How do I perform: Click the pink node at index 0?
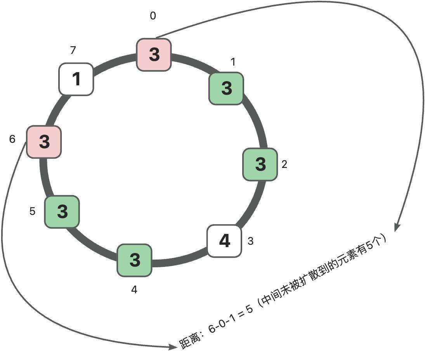coord(154,54)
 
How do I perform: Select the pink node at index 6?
coord(44,142)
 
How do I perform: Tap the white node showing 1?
coord(76,79)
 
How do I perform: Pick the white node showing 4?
coord(224,241)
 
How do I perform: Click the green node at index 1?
coord(226,88)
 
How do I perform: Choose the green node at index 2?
coord(260,164)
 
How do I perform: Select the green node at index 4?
coord(134,260)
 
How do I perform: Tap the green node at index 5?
coord(62,211)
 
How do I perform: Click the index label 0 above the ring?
coord(153,16)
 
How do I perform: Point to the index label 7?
coord(73,50)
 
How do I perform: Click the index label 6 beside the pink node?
coord(12,139)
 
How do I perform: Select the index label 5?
coord(33,211)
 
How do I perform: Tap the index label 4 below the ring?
coord(134,290)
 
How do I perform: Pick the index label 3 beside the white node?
coord(250,241)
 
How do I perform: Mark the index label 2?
coord(284,164)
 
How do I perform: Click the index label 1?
coord(233,62)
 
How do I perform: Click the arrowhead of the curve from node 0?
coord(397,228)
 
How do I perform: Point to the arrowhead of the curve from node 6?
coord(173,347)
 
